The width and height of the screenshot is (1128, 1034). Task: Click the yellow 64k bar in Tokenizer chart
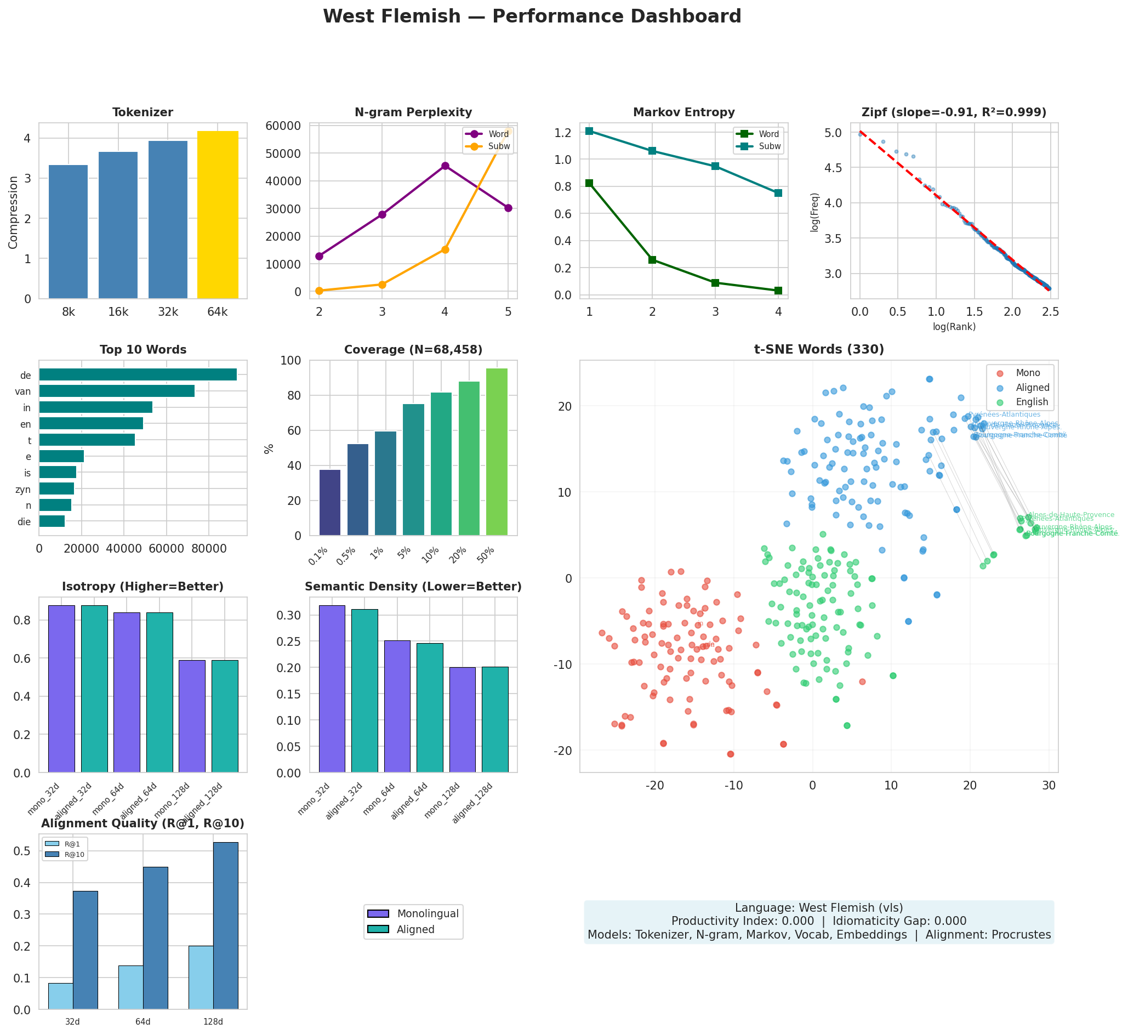(x=218, y=215)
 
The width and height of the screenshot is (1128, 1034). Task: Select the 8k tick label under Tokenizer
(x=69, y=312)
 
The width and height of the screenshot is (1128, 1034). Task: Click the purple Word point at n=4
(x=445, y=166)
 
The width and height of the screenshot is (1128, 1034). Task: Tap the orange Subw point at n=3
(x=382, y=285)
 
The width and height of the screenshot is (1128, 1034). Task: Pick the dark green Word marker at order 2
(x=652, y=260)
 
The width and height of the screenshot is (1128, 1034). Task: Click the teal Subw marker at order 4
(x=778, y=193)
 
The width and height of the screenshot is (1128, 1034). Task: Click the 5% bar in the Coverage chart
(x=413, y=470)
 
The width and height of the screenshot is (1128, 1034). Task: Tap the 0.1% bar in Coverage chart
(x=329, y=503)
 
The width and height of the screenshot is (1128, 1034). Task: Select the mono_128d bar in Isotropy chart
(x=192, y=717)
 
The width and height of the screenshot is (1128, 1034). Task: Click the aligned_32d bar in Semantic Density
(x=364, y=691)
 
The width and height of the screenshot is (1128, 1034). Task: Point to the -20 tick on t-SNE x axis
(x=654, y=786)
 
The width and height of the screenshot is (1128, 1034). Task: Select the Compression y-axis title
(x=13, y=212)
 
